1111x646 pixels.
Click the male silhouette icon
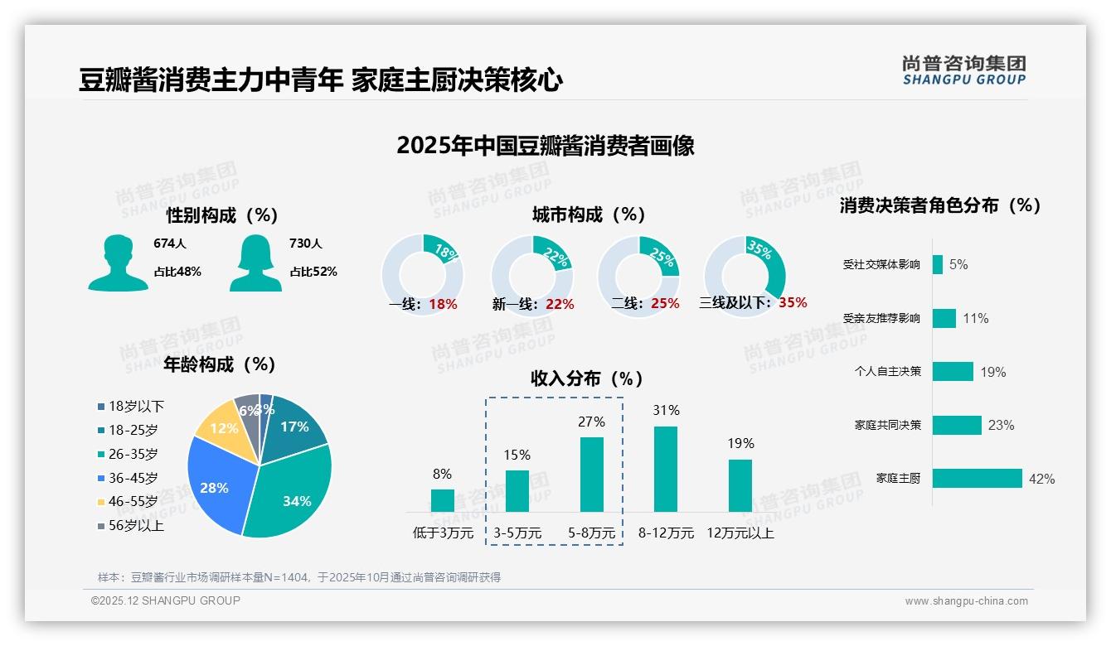pyautogui.click(x=118, y=263)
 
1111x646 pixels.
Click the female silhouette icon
pyautogui.click(x=255, y=263)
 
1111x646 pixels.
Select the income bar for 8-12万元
pyautogui.click(x=666, y=469)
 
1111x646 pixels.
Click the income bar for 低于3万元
pyautogui.click(x=443, y=500)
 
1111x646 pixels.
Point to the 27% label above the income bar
pyautogui.click(x=591, y=422)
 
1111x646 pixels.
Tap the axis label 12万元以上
pyautogui.click(x=740, y=533)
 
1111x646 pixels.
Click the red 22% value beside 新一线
pyautogui.click(x=560, y=305)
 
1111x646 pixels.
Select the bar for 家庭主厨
pyautogui.click(x=977, y=479)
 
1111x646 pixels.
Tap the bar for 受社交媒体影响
pyautogui.click(x=937, y=264)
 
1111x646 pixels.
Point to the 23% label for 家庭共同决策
pyautogui.click(x=1001, y=426)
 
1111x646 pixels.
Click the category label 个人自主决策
pyautogui.click(x=887, y=372)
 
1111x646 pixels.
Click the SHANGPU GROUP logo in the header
pyautogui.click(x=963, y=70)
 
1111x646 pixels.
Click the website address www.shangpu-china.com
pyautogui.click(x=966, y=601)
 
